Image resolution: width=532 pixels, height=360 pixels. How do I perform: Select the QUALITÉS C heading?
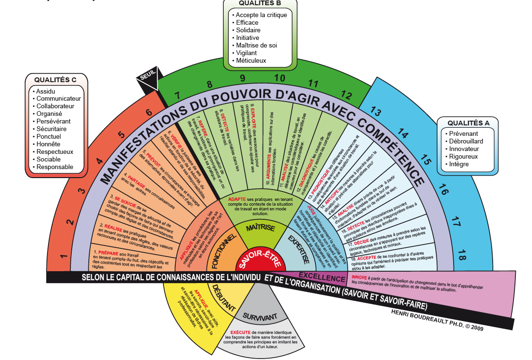point(55,79)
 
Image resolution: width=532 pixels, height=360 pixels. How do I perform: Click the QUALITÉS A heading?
point(468,123)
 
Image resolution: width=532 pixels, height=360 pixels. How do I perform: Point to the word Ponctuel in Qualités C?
point(49,136)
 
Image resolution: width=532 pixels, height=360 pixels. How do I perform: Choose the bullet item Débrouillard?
point(465,142)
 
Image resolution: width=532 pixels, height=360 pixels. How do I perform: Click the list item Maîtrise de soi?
point(256,46)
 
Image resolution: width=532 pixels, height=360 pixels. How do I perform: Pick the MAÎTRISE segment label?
point(260,228)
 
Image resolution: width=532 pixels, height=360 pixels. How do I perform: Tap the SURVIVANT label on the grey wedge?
point(260,316)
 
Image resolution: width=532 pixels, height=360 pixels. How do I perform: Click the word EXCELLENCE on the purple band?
point(322,278)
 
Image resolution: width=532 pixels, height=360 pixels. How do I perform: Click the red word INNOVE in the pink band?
point(359,277)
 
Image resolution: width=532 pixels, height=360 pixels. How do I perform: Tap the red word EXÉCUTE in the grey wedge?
point(240,332)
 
